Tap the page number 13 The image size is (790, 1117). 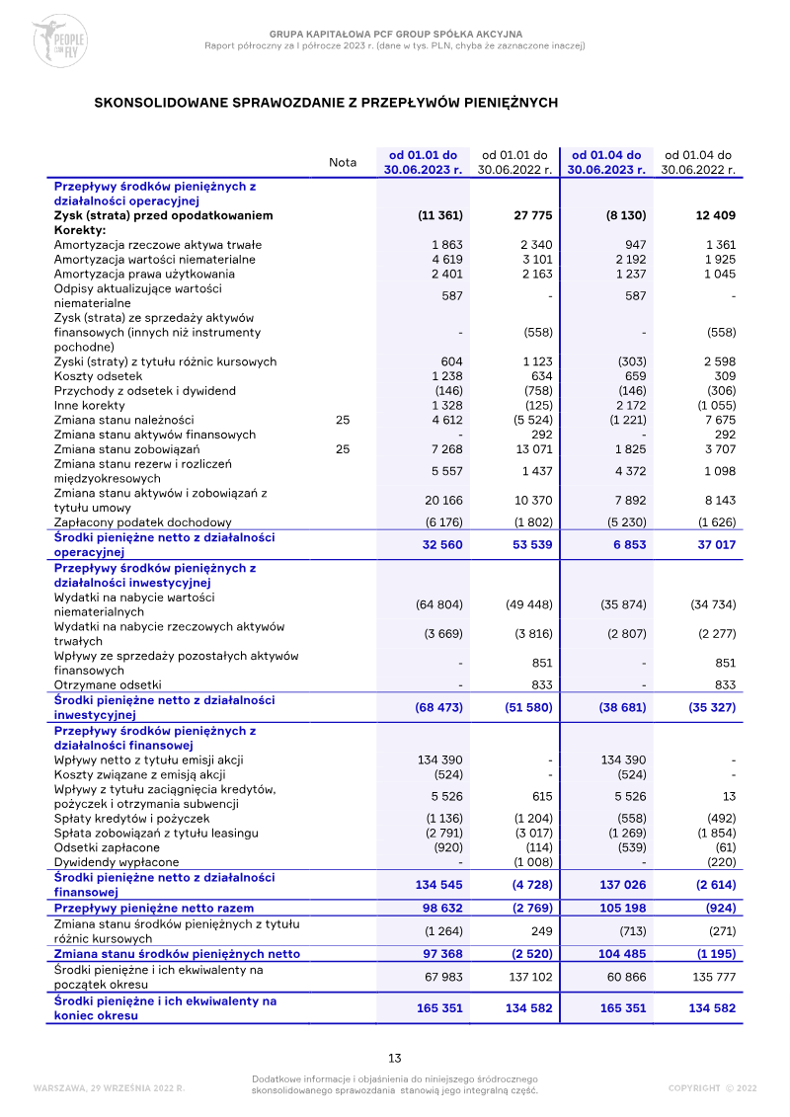pos(394,1058)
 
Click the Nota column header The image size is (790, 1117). pos(343,163)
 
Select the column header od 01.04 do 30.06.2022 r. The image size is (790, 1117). pos(698,163)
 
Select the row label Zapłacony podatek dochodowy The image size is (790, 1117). pos(142,522)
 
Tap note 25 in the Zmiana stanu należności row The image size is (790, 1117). pos(343,420)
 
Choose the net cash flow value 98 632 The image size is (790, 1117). pos(439,908)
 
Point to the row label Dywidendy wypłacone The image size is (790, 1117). pos(117,862)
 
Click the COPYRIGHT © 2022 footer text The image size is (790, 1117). pos(712,1088)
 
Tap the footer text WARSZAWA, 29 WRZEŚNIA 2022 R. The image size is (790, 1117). pos(109,1088)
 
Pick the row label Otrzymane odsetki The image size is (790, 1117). pos(108,684)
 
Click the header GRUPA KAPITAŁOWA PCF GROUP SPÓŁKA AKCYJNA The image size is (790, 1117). pos(395,35)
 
